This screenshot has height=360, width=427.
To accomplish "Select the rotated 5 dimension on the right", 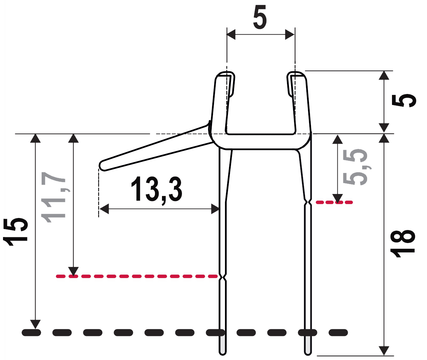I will click(404, 101).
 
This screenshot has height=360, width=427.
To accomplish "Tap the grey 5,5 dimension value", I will click(355, 167).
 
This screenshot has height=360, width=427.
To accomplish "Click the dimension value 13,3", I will click(157, 190).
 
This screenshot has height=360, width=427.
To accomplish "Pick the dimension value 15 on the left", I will click(15, 232).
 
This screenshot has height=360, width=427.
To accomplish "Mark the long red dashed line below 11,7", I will click(137, 276).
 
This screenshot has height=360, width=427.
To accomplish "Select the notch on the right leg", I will click(308, 202).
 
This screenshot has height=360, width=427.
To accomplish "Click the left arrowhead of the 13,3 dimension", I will click(104, 209).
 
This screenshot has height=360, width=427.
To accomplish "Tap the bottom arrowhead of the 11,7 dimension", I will click(73, 272).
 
